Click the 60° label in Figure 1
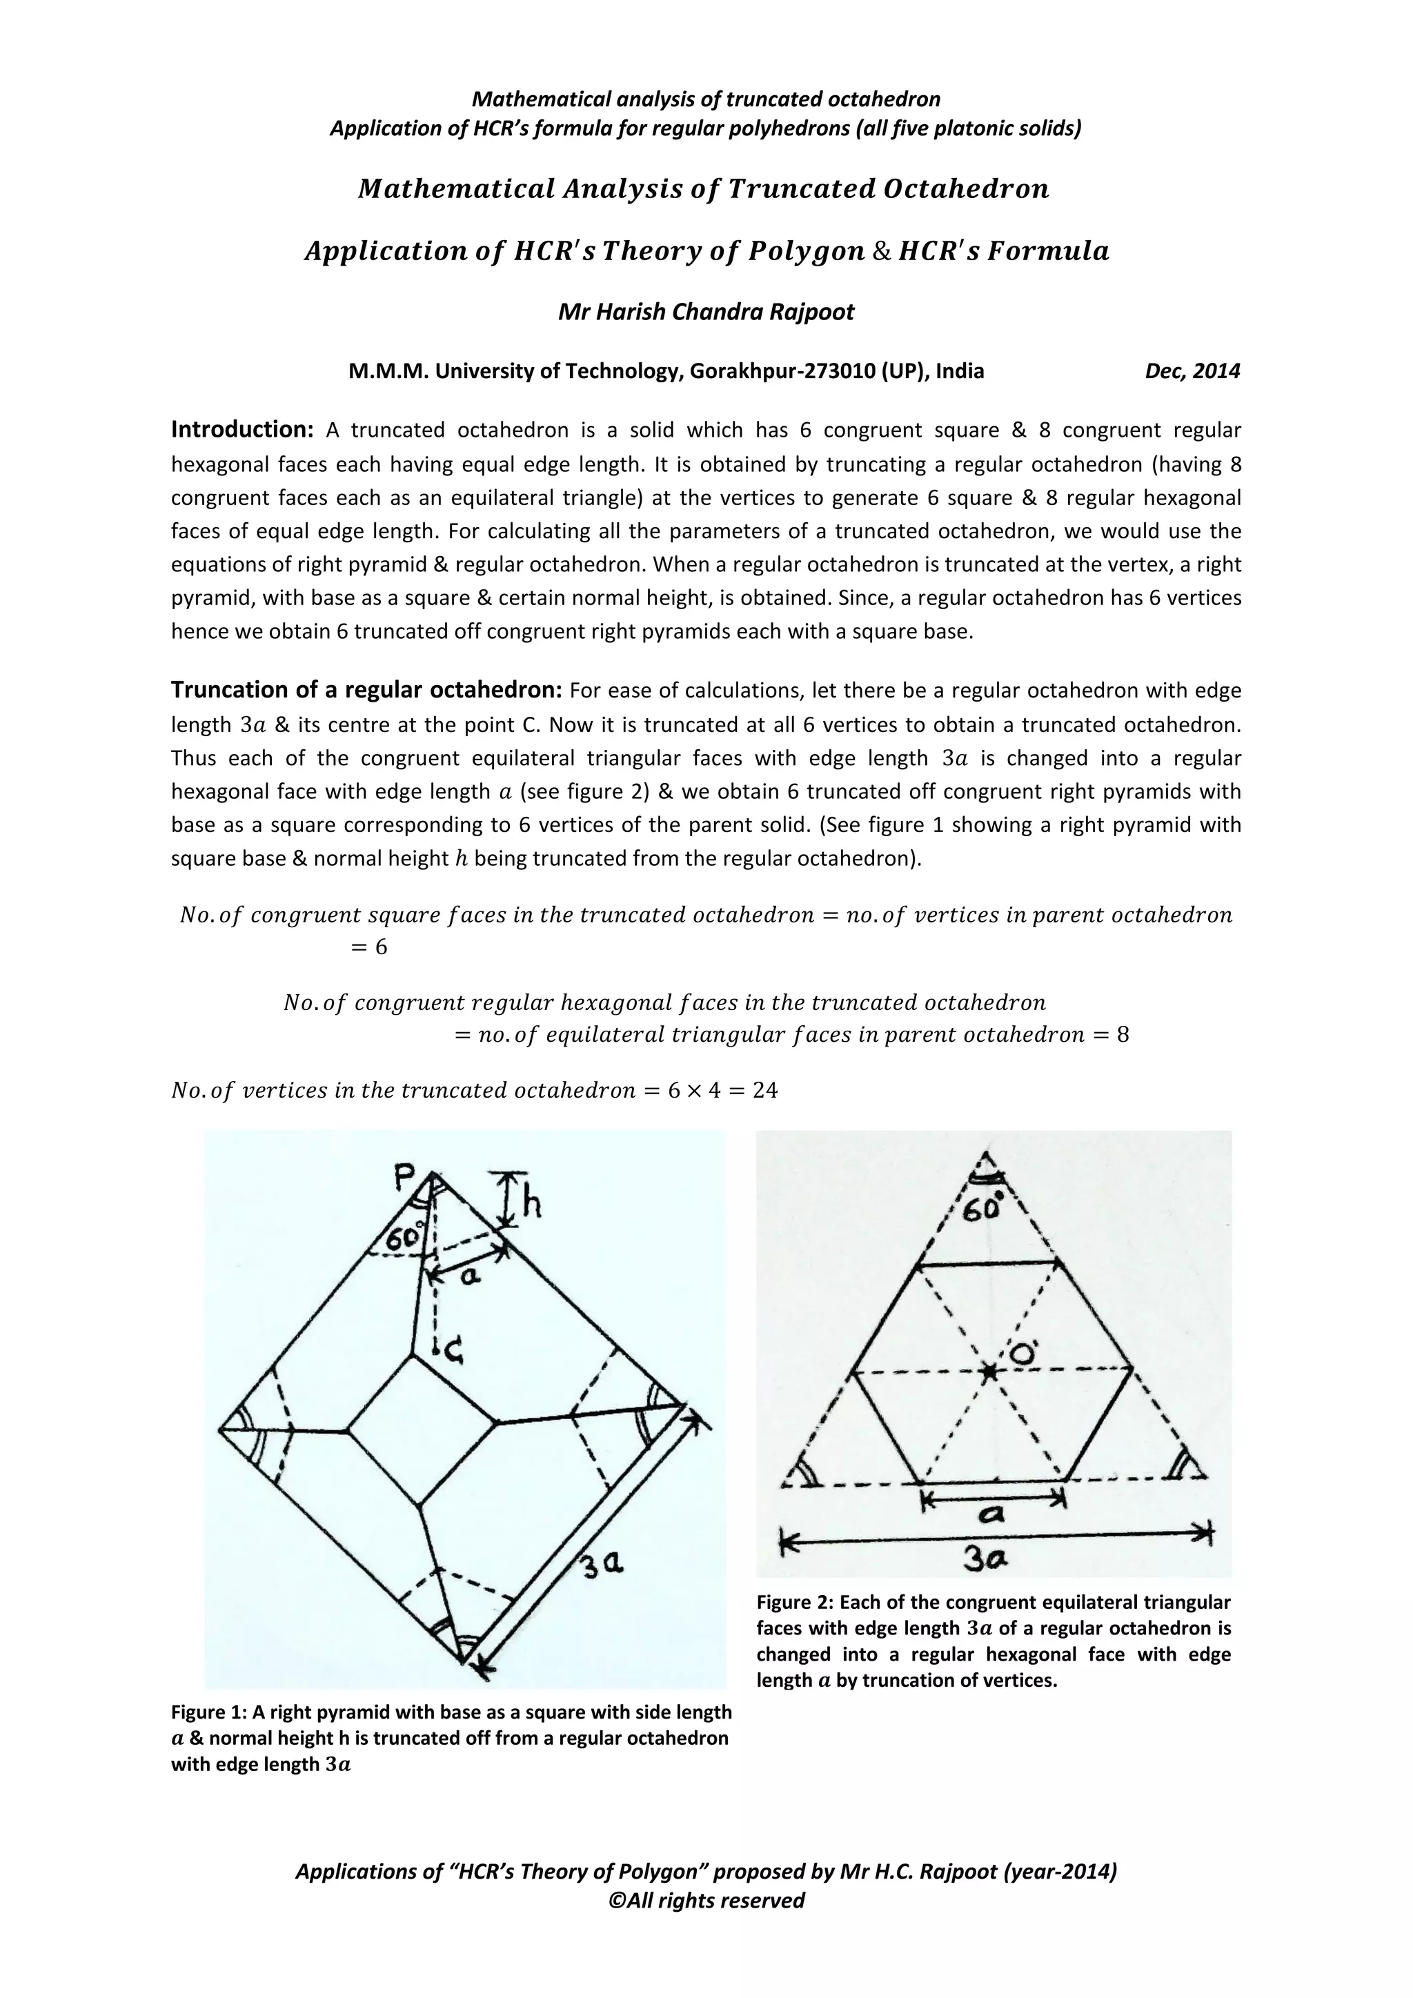click(x=402, y=1238)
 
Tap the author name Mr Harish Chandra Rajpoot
click(x=706, y=312)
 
